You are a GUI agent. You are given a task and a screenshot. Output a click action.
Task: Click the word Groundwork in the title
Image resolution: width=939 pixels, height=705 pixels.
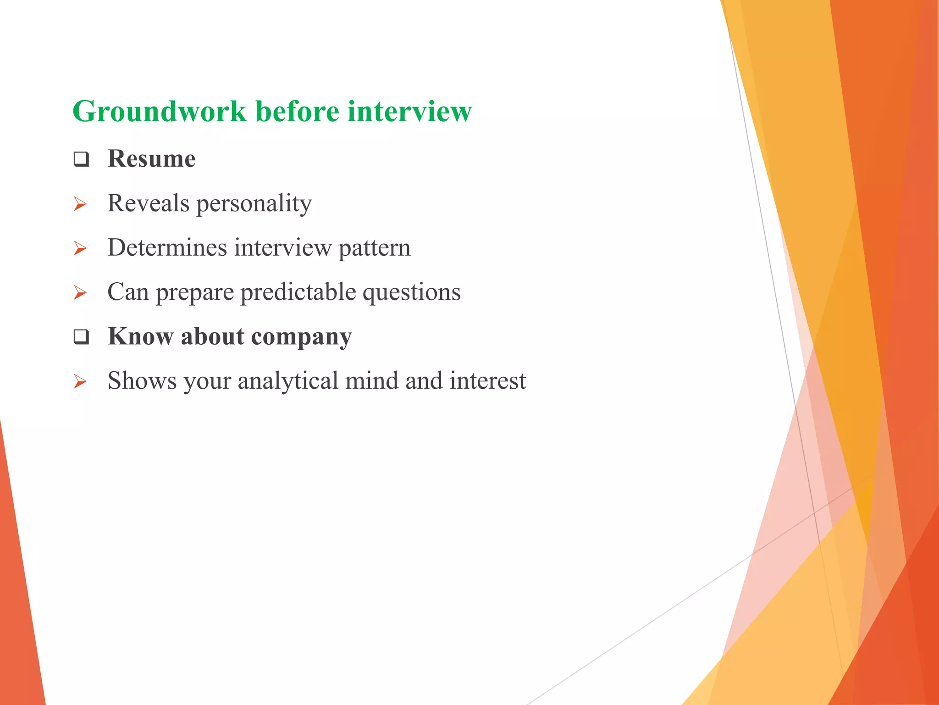(160, 112)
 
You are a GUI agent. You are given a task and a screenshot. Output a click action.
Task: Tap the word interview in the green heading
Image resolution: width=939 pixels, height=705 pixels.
(409, 112)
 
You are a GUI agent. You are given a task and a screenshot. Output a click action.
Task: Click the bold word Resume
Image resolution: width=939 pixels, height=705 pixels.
(151, 159)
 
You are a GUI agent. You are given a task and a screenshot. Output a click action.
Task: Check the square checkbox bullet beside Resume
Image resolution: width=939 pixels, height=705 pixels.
(81, 160)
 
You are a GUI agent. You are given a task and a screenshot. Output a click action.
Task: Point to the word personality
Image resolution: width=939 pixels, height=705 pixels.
(254, 203)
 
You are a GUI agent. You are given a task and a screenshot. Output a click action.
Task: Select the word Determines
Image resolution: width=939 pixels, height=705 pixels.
(167, 248)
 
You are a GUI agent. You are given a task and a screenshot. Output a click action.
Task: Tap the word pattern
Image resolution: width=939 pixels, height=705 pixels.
(374, 248)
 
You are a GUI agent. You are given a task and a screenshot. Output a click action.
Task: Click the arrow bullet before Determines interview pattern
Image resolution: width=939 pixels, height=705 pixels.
(80, 249)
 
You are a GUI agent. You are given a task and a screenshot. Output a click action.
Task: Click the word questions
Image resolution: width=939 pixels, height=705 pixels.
(411, 292)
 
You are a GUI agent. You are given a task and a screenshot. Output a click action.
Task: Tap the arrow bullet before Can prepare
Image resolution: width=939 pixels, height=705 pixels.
(80, 293)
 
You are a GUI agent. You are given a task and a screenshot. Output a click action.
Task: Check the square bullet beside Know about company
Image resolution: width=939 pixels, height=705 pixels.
(81, 337)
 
